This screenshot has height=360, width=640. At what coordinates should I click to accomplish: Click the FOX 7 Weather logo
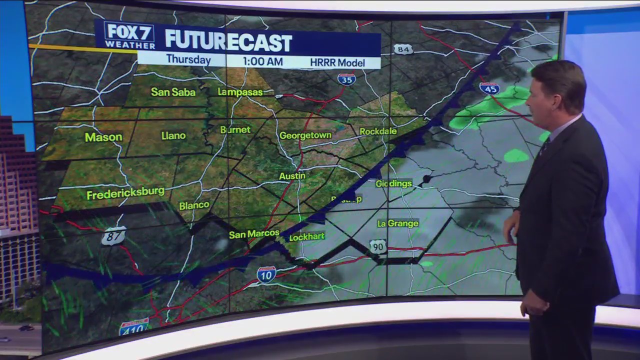[129, 35]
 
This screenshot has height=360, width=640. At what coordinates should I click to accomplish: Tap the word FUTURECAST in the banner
[228, 41]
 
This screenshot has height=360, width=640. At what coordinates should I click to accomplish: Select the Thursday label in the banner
[188, 60]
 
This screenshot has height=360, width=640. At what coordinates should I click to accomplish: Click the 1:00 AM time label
[262, 62]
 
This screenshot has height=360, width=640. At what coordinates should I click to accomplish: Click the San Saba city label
[173, 92]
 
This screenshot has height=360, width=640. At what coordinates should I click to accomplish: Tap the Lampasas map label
[240, 92]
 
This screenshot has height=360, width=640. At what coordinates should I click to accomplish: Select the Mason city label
[103, 137]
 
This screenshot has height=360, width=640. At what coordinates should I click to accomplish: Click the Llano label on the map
[173, 135]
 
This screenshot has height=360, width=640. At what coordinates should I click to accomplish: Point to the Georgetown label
[305, 135]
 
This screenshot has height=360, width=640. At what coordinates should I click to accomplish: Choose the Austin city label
[292, 176]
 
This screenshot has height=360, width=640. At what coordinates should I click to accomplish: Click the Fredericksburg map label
[125, 193]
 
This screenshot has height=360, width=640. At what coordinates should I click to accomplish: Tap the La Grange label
[398, 223]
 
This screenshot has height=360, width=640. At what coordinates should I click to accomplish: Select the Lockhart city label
[307, 236]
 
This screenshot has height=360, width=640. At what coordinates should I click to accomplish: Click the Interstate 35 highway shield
[346, 79]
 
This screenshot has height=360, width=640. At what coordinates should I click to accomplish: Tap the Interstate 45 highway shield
[489, 88]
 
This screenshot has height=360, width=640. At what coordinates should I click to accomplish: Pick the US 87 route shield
[113, 236]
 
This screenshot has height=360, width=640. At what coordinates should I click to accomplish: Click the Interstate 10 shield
[266, 274]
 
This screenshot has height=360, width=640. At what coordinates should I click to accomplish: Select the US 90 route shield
[378, 246]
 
